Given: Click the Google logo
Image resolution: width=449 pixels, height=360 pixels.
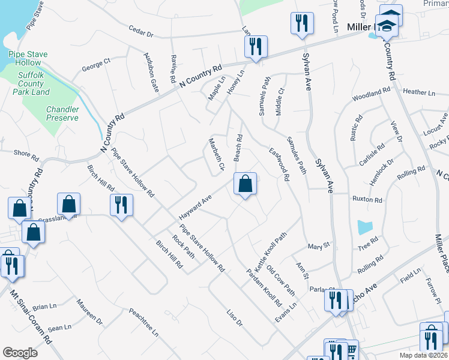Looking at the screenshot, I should (x=20, y=353).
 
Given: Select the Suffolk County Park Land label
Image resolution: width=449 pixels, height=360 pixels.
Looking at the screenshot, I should (x=30, y=83).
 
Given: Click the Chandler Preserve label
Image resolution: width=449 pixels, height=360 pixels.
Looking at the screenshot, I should (x=62, y=113).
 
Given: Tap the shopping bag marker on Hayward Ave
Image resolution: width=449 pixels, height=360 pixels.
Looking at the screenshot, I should (x=245, y=185).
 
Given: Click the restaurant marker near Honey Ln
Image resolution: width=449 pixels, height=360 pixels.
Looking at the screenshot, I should (x=256, y=47).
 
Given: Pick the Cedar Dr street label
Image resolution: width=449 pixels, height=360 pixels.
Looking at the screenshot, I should (x=142, y=32).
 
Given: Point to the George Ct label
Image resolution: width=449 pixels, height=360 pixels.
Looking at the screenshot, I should (x=97, y=61).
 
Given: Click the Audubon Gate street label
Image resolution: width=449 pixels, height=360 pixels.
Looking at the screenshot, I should (x=151, y=72).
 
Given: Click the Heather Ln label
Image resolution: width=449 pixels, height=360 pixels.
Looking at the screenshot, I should (x=419, y=92).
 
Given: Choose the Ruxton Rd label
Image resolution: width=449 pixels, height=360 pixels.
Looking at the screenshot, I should (x=367, y=200).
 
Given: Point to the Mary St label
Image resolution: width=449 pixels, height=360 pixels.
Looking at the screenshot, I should (x=319, y=246).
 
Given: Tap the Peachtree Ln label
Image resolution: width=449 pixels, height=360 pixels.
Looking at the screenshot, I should (x=143, y=322).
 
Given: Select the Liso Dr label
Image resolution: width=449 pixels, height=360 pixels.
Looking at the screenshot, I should (x=234, y=317).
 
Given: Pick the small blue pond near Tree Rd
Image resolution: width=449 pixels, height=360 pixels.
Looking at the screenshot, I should (x=364, y=227).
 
